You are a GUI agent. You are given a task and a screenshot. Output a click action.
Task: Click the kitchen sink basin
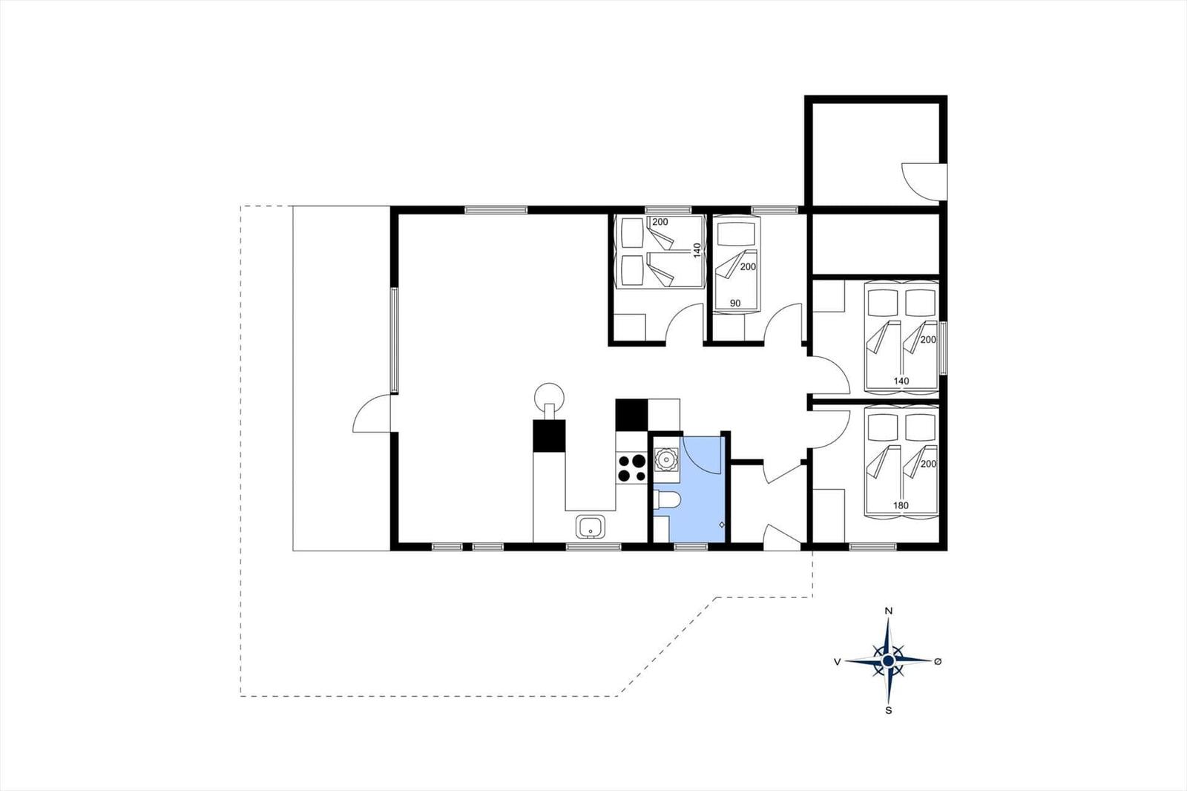tap(591, 526)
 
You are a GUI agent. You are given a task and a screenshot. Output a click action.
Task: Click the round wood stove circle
tap(550, 397)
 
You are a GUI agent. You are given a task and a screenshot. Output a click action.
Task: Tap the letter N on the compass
tap(889, 611)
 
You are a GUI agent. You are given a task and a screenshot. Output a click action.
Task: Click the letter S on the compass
tap(889, 710)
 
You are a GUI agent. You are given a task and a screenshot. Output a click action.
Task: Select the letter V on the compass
tap(838, 662)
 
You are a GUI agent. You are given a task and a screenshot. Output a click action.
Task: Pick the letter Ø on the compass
tap(938, 661)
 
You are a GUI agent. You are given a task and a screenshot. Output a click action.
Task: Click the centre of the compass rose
tap(889, 661)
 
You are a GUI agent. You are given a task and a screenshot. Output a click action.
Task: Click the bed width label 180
tap(901, 505)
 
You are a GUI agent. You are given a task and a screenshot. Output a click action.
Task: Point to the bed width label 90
tap(735, 303)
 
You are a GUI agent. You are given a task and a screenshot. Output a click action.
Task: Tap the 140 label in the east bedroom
tap(901, 381)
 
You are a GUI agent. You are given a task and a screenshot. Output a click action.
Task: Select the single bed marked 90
tap(736, 265)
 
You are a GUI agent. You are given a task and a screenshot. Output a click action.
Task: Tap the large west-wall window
tap(394, 340)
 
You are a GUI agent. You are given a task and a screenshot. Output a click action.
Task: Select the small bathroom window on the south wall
tap(691, 547)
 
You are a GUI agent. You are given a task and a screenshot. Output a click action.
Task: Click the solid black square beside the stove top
tap(631, 415)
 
